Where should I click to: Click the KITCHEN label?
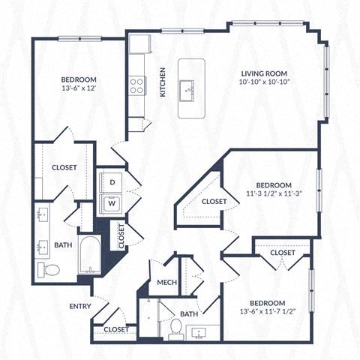pyautogui.click(x=163, y=82)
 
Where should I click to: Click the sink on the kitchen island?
pyautogui.click(x=190, y=88)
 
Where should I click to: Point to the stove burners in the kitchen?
pyautogui.click(x=136, y=86)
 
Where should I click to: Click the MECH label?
pyautogui.click(x=166, y=282)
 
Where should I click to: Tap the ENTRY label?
pyautogui.click(x=80, y=306)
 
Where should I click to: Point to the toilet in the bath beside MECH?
pyautogui.click(x=175, y=327)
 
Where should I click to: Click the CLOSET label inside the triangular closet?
pyautogui.click(x=214, y=202)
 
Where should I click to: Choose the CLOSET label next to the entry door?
pyautogui.click(x=115, y=329)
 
